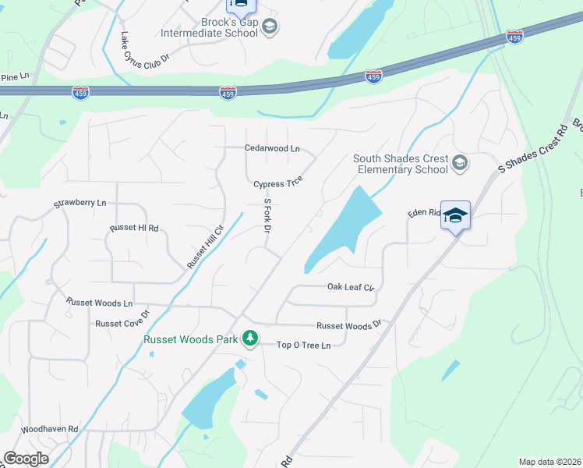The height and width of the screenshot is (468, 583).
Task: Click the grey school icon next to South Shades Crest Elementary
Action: click(x=460, y=163)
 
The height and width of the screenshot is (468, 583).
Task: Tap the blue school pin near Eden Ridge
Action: click(x=455, y=215)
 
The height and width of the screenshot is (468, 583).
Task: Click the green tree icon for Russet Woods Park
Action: click(x=250, y=338)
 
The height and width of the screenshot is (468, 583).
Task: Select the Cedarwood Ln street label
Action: click(x=272, y=147)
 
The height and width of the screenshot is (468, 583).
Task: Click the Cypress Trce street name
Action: click(x=277, y=184)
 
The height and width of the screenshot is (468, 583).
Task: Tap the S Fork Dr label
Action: click(x=267, y=216)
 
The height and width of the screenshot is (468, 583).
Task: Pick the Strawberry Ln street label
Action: click(x=79, y=204)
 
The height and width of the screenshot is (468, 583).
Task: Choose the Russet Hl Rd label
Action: click(x=134, y=229)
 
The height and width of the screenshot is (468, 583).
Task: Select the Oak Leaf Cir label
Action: click(x=351, y=287)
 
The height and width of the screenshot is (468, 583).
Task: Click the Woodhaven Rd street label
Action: click(x=50, y=429)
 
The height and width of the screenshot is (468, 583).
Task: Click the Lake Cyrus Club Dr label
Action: click(x=145, y=47)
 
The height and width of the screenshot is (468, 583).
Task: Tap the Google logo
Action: click(x=26, y=459)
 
